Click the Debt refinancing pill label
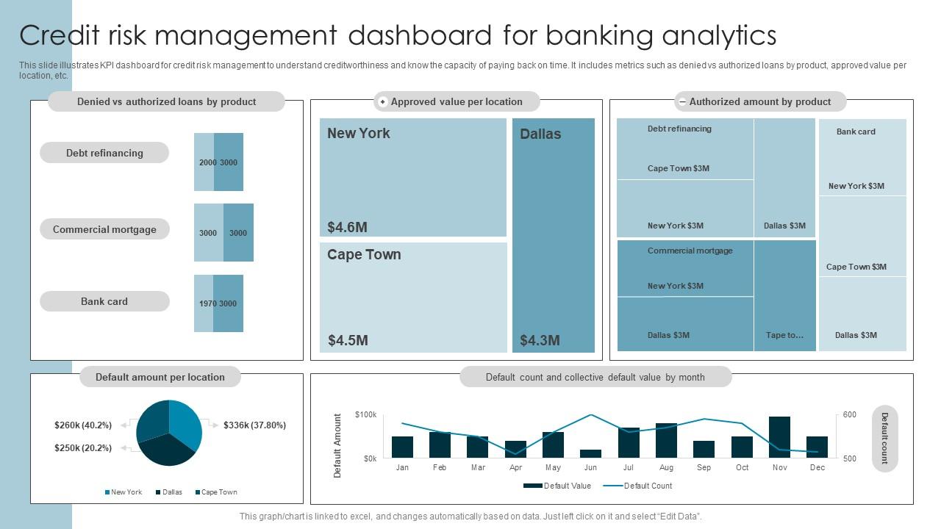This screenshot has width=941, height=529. (x=104, y=153)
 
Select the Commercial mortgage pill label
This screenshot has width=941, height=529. (x=104, y=229)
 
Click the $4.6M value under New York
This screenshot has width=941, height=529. (x=347, y=227)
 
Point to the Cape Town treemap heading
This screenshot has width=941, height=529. (x=364, y=254)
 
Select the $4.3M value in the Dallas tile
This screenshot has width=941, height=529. (x=540, y=340)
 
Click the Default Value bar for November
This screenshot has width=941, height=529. (x=779, y=437)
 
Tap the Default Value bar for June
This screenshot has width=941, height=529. (x=590, y=453)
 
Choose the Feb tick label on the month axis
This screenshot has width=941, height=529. (x=440, y=467)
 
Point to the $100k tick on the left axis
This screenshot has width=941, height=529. (x=365, y=415)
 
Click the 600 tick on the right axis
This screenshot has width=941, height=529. (x=849, y=415)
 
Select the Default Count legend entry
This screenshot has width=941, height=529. (x=637, y=486)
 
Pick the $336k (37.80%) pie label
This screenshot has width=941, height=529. (x=254, y=425)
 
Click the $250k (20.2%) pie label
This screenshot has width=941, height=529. (x=83, y=447)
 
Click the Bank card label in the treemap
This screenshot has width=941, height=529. (x=856, y=132)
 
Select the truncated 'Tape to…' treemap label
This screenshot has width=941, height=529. (x=784, y=335)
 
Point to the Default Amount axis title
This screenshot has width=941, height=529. (x=338, y=445)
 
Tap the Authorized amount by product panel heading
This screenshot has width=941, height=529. (x=760, y=101)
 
